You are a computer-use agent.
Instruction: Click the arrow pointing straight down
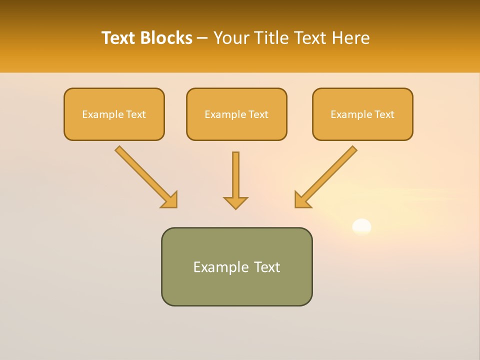click(x=235, y=177)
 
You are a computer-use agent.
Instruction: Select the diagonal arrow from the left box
click(x=145, y=176)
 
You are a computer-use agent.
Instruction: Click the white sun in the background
click(x=361, y=226)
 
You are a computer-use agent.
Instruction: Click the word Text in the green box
click(x=267, y=267)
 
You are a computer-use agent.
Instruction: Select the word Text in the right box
click(x=384, y=114)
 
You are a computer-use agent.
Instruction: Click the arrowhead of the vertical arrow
click(x=235, y=202)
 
